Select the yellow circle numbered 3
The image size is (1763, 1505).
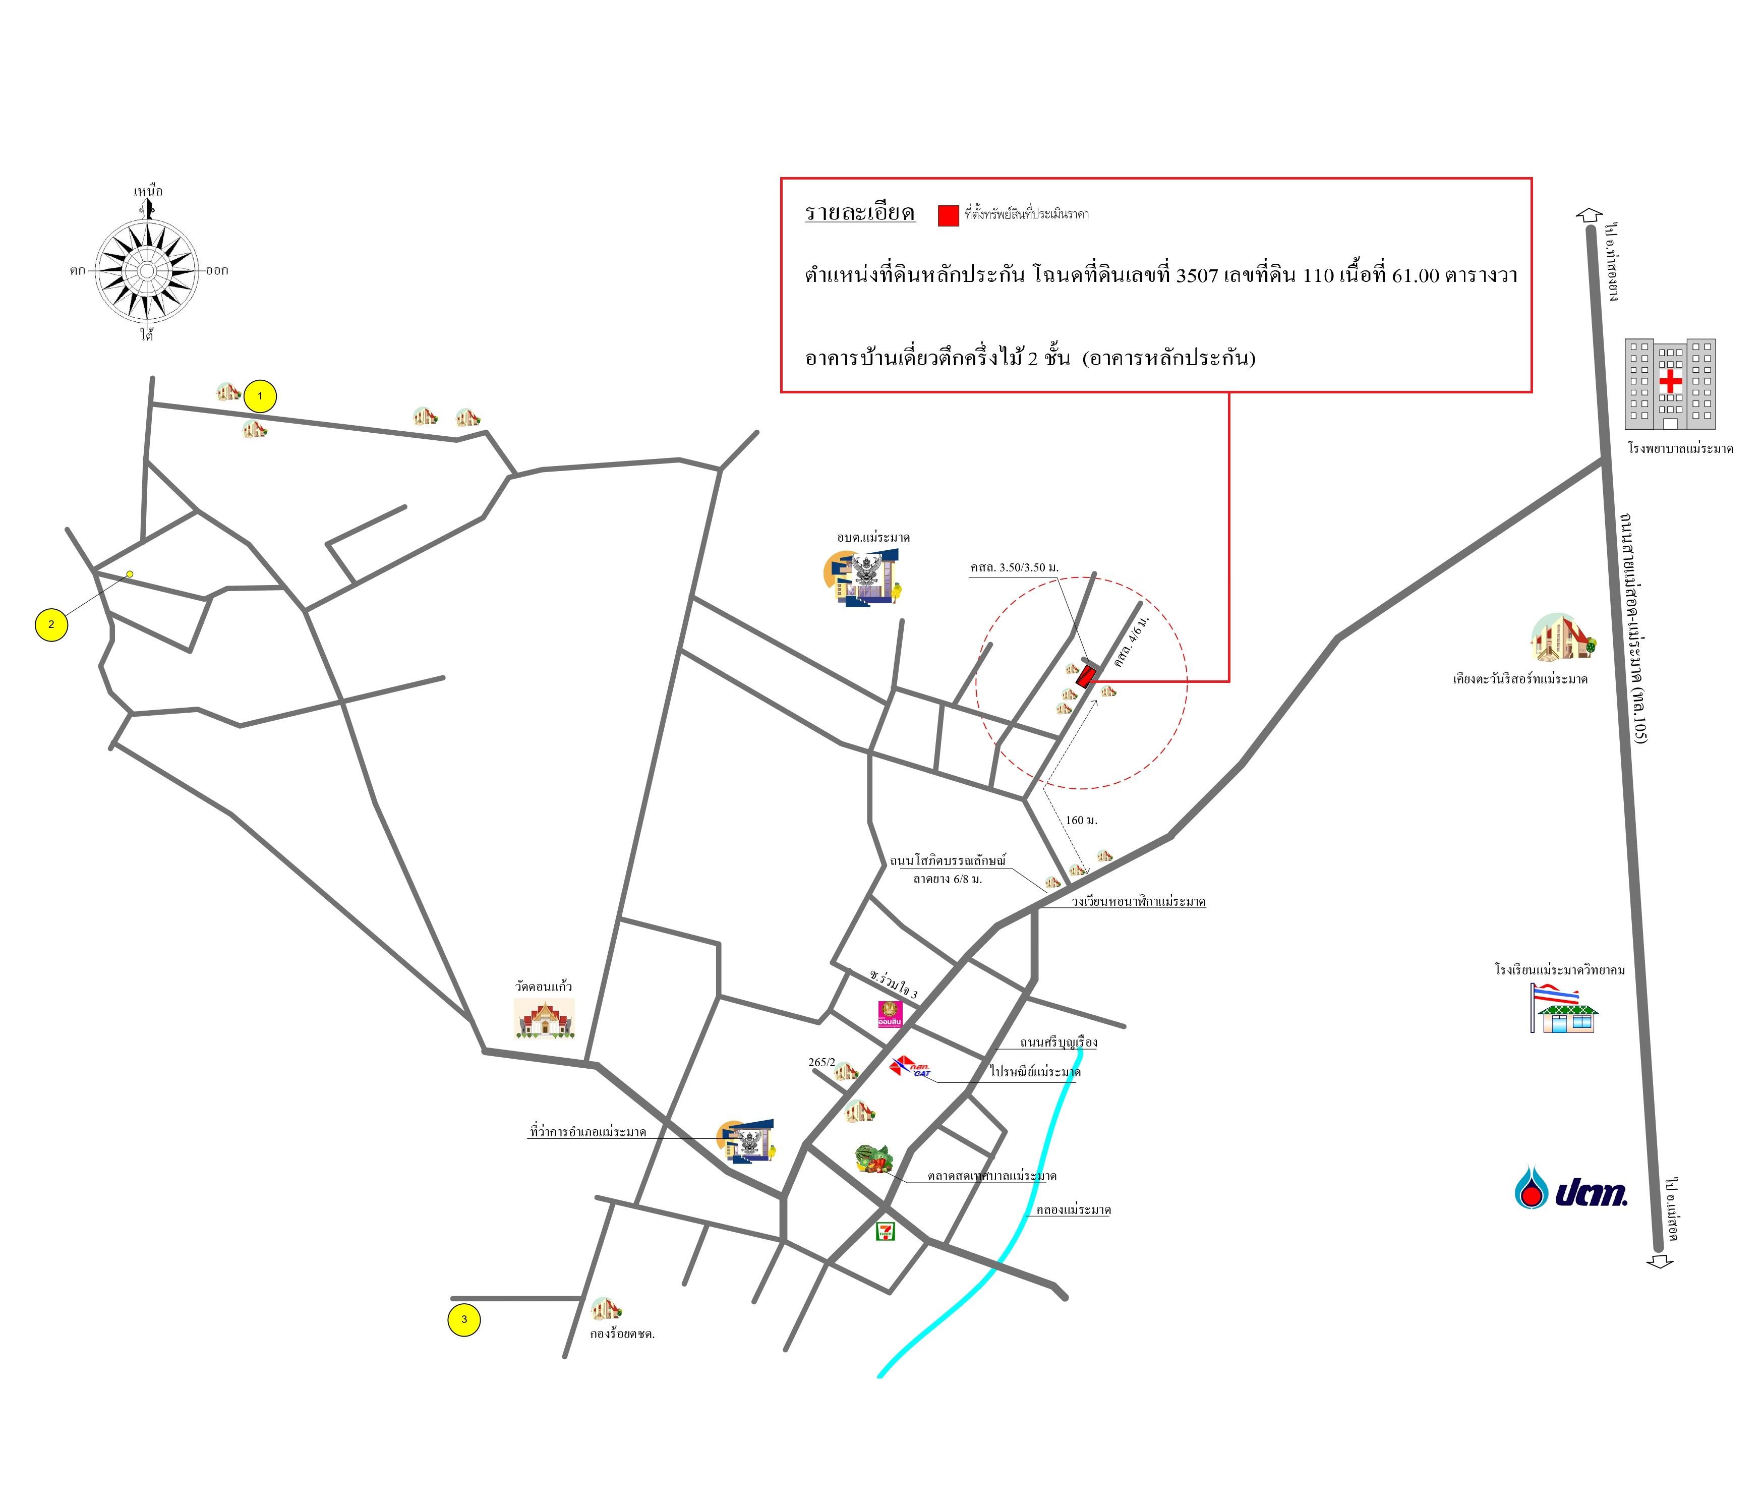point(464,1319)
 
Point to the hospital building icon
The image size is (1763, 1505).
point(1669,384)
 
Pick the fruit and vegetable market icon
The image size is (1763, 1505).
point(874,1159)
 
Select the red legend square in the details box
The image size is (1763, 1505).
point(949,215)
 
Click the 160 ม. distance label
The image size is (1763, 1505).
point(1082,820)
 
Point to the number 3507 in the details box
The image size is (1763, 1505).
point(1196,275)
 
